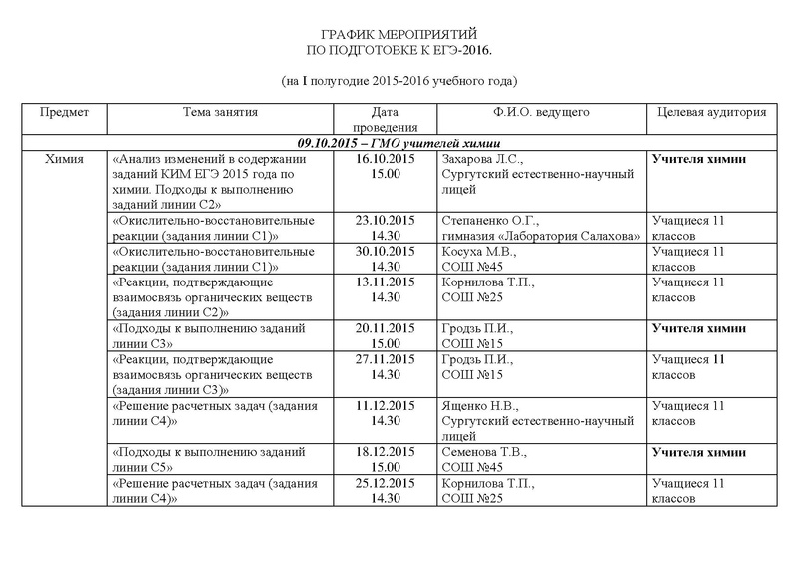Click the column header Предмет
(x=64, y=113)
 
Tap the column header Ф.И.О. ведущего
(x=542, y=113)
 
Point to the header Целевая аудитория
(x=712, y=113)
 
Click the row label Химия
(x=64, y=159)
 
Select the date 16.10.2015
(x=386, y=159)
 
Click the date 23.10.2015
(x=386, y=220)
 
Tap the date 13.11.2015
(x=386, y=283)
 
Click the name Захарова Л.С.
(x=482, y=159)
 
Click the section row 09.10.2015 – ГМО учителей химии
(x=399, y=143)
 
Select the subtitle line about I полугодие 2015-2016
(x=399, y=79)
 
